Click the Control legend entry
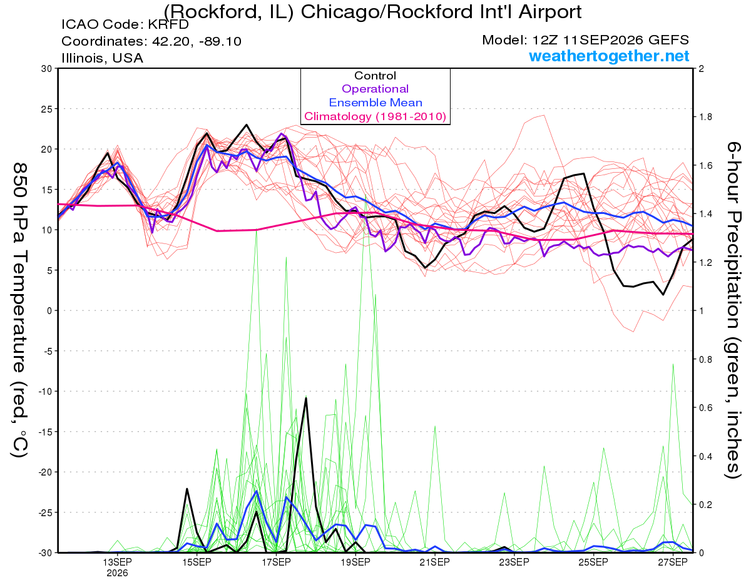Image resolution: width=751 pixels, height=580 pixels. click(x=375, y=75)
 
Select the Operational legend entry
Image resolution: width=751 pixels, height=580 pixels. click(x=375, y=89)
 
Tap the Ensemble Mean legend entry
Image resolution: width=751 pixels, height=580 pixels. click(x=375, y=103)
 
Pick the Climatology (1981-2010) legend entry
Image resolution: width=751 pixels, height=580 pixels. click(x=375, y=116)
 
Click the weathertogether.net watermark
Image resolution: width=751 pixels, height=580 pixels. click(x=609, y=56)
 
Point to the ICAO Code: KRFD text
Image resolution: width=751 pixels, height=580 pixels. click(x=125, y=24)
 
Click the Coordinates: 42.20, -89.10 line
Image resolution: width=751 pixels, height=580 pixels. click(x=151, y=41)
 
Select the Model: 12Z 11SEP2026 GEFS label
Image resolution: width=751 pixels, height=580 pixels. click(x=585, y=40)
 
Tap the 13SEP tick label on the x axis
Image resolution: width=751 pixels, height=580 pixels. click(x=118, y=562)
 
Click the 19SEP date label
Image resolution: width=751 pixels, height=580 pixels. click(x=355, y=562)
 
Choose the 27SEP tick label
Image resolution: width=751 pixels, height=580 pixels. click(x=673, y=562)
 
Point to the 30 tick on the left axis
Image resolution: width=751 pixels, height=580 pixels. click(x=46, y=69)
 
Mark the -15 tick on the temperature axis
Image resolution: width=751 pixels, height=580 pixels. click(x=44, y=432)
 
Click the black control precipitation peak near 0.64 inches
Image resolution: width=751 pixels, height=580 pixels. click(x=306, y=399)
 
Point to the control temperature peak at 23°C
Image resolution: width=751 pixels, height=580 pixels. click(x=247, y=125)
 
